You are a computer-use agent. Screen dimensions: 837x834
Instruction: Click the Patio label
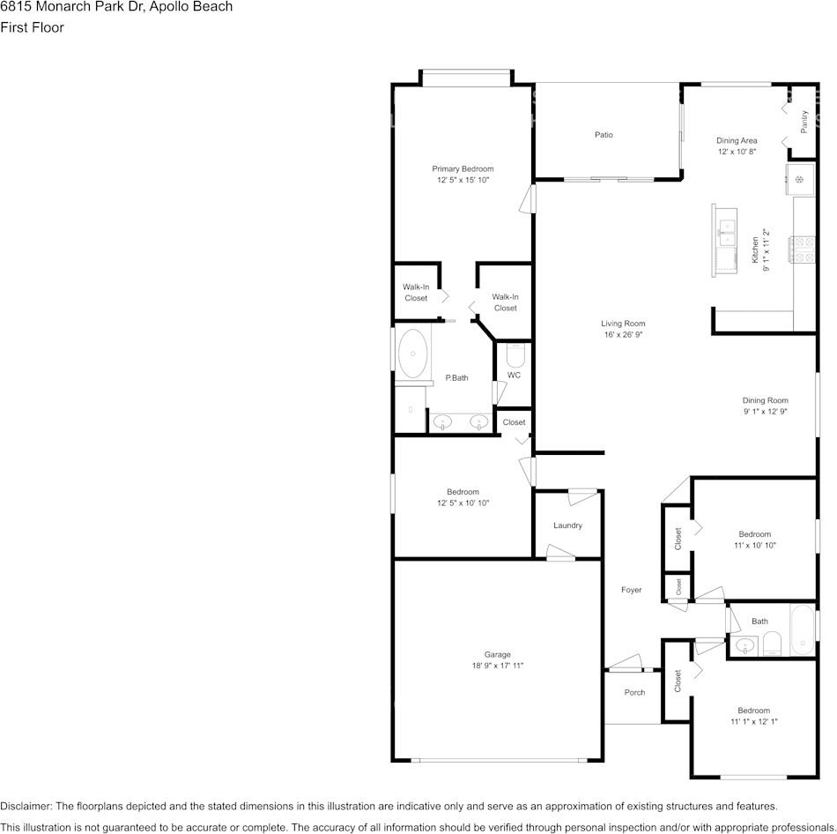(604, 135)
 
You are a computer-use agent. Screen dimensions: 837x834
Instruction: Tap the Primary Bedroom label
(463, 169)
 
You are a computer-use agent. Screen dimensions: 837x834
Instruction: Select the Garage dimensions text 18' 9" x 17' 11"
(498, 666)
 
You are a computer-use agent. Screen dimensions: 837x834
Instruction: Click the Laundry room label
(567, 525)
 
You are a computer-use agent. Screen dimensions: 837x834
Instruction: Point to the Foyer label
(631, 590)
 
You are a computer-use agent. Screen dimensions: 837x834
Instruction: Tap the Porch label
(634, 692)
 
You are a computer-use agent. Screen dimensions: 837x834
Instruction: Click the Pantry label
(804, 122)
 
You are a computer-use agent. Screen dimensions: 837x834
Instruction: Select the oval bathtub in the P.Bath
(412, 354)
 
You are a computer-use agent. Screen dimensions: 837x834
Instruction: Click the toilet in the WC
(515, 354)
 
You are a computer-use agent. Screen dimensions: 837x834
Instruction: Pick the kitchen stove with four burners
(803, 249)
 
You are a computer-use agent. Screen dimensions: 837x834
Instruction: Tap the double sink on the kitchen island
(727, 233)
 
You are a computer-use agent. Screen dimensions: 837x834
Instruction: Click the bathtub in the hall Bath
(803, 629)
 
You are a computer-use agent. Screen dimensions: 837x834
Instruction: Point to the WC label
(514, 375)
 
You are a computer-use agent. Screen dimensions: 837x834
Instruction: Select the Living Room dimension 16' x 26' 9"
(623, 335)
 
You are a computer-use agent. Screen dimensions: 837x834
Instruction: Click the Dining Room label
(765, 400)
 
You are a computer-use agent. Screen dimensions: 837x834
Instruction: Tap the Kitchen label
(755, 250)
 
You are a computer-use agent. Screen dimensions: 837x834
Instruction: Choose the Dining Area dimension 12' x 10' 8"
(737, 152)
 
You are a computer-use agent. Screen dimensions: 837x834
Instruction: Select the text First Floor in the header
(32, 27)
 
